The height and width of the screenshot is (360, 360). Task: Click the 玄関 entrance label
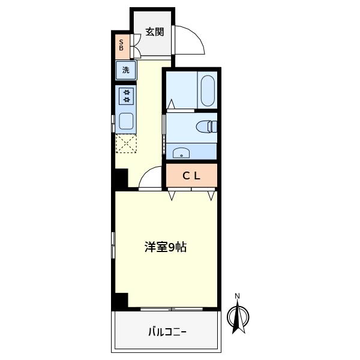pos(155,32)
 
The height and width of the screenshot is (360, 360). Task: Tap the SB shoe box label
pos(121,45)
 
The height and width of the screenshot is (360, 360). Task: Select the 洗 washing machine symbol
pos(126,70)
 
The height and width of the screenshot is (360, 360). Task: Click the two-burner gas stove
pos(126,96)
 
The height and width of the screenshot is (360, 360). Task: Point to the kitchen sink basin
pos(126,121)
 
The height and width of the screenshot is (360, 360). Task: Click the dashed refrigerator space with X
pos(126,143)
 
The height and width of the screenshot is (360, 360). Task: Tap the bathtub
pos(208,91)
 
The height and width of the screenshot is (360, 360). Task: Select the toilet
pos(206,127)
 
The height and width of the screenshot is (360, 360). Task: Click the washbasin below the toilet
pos(181,153)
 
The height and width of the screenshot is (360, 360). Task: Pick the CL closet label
pos(191,176)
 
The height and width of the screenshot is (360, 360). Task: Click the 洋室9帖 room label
pos(166,247)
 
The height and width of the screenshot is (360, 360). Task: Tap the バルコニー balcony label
pos(167,332)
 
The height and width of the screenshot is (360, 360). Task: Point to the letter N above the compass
pos(237,296)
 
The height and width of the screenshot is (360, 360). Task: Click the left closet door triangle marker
pos(172,195)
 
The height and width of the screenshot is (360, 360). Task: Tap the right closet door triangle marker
pos(211,196)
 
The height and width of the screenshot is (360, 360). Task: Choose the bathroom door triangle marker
pos(171,104)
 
